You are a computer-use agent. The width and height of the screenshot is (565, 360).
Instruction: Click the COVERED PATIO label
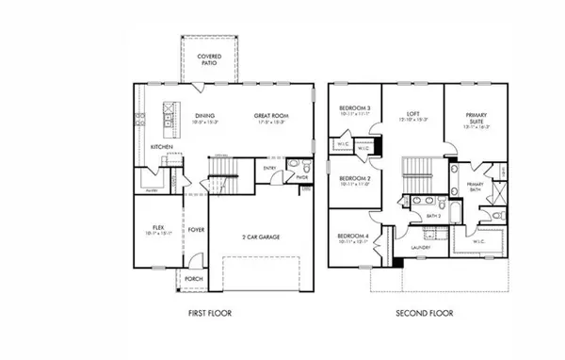pos(208,60)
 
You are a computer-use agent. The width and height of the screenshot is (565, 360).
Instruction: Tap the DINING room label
pos(204,116)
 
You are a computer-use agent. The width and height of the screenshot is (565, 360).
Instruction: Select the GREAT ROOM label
pos(269,116)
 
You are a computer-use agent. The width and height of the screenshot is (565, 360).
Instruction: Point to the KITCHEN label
pos(160,147)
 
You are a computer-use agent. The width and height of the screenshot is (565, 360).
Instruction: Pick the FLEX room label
pos(157,226)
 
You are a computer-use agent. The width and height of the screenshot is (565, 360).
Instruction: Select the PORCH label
pos(193,279)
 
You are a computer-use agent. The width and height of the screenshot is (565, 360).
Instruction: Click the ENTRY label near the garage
pos(270,169)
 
